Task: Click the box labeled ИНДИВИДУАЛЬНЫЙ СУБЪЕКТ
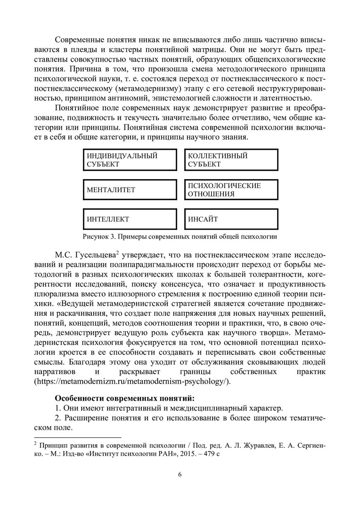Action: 129,160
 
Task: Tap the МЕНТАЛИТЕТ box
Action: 129,190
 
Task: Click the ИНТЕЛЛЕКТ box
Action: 129,219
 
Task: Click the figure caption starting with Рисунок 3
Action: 180,236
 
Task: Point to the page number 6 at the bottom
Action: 180,475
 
